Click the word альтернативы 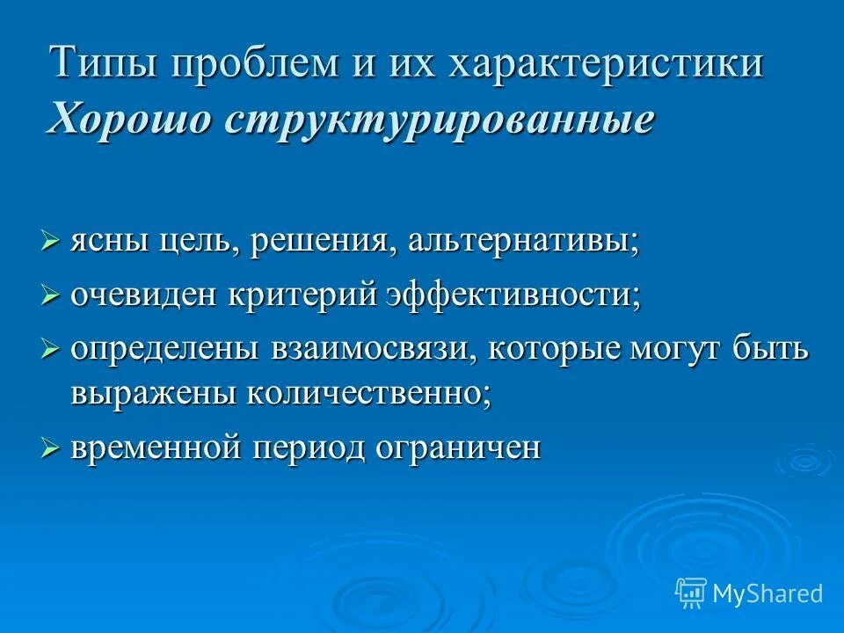tap(523, 241)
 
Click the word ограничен tap(457, 448)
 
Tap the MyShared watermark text tap(768, 593)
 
